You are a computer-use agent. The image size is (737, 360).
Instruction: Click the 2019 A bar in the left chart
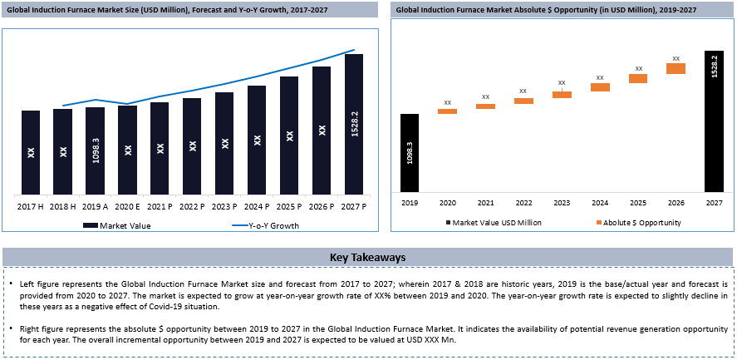(96, 150)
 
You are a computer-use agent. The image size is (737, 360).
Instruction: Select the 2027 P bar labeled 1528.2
(354, 123)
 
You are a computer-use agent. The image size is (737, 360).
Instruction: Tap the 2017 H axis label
(31, 205)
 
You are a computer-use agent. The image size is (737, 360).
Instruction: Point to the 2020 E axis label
(127, 205)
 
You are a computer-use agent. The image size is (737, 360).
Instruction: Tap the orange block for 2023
(562, 95)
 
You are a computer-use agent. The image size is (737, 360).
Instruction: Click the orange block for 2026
(676, 68)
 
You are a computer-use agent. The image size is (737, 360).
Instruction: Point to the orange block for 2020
(448, 111)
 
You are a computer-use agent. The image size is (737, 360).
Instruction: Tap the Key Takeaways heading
(367, 257)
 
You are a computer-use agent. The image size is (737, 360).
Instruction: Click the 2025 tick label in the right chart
(637, 202)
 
